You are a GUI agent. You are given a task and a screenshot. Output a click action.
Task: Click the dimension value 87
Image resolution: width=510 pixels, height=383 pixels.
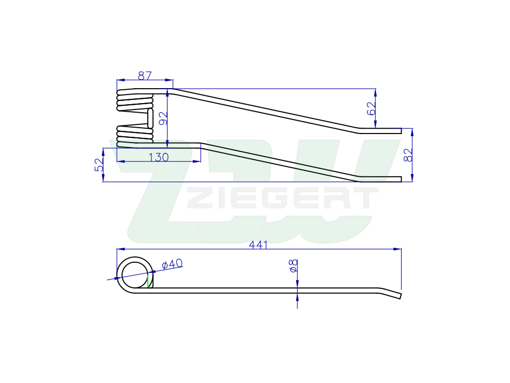pos(145,75)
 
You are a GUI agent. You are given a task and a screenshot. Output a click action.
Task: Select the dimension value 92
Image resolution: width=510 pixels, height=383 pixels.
pos(163,118)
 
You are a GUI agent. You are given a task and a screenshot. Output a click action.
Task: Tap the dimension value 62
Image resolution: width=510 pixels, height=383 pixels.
pos(371,108)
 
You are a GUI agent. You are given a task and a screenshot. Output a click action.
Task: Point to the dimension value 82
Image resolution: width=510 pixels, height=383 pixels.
pos(408,155)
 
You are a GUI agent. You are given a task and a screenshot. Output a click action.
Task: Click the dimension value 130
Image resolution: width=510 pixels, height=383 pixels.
pos(159,157)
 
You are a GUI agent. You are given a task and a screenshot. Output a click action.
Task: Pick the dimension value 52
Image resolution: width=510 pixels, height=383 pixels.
pos(99,165)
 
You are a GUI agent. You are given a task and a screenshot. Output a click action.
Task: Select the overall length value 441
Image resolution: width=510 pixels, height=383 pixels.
pos(258,245)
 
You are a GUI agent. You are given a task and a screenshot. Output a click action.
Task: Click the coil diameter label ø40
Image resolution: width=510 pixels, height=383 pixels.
pos(172,264)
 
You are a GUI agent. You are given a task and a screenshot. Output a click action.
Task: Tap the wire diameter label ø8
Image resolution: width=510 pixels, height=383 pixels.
pos(293,266)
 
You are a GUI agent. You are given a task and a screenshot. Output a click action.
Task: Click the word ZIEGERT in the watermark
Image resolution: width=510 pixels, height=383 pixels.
pos(283,198)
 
